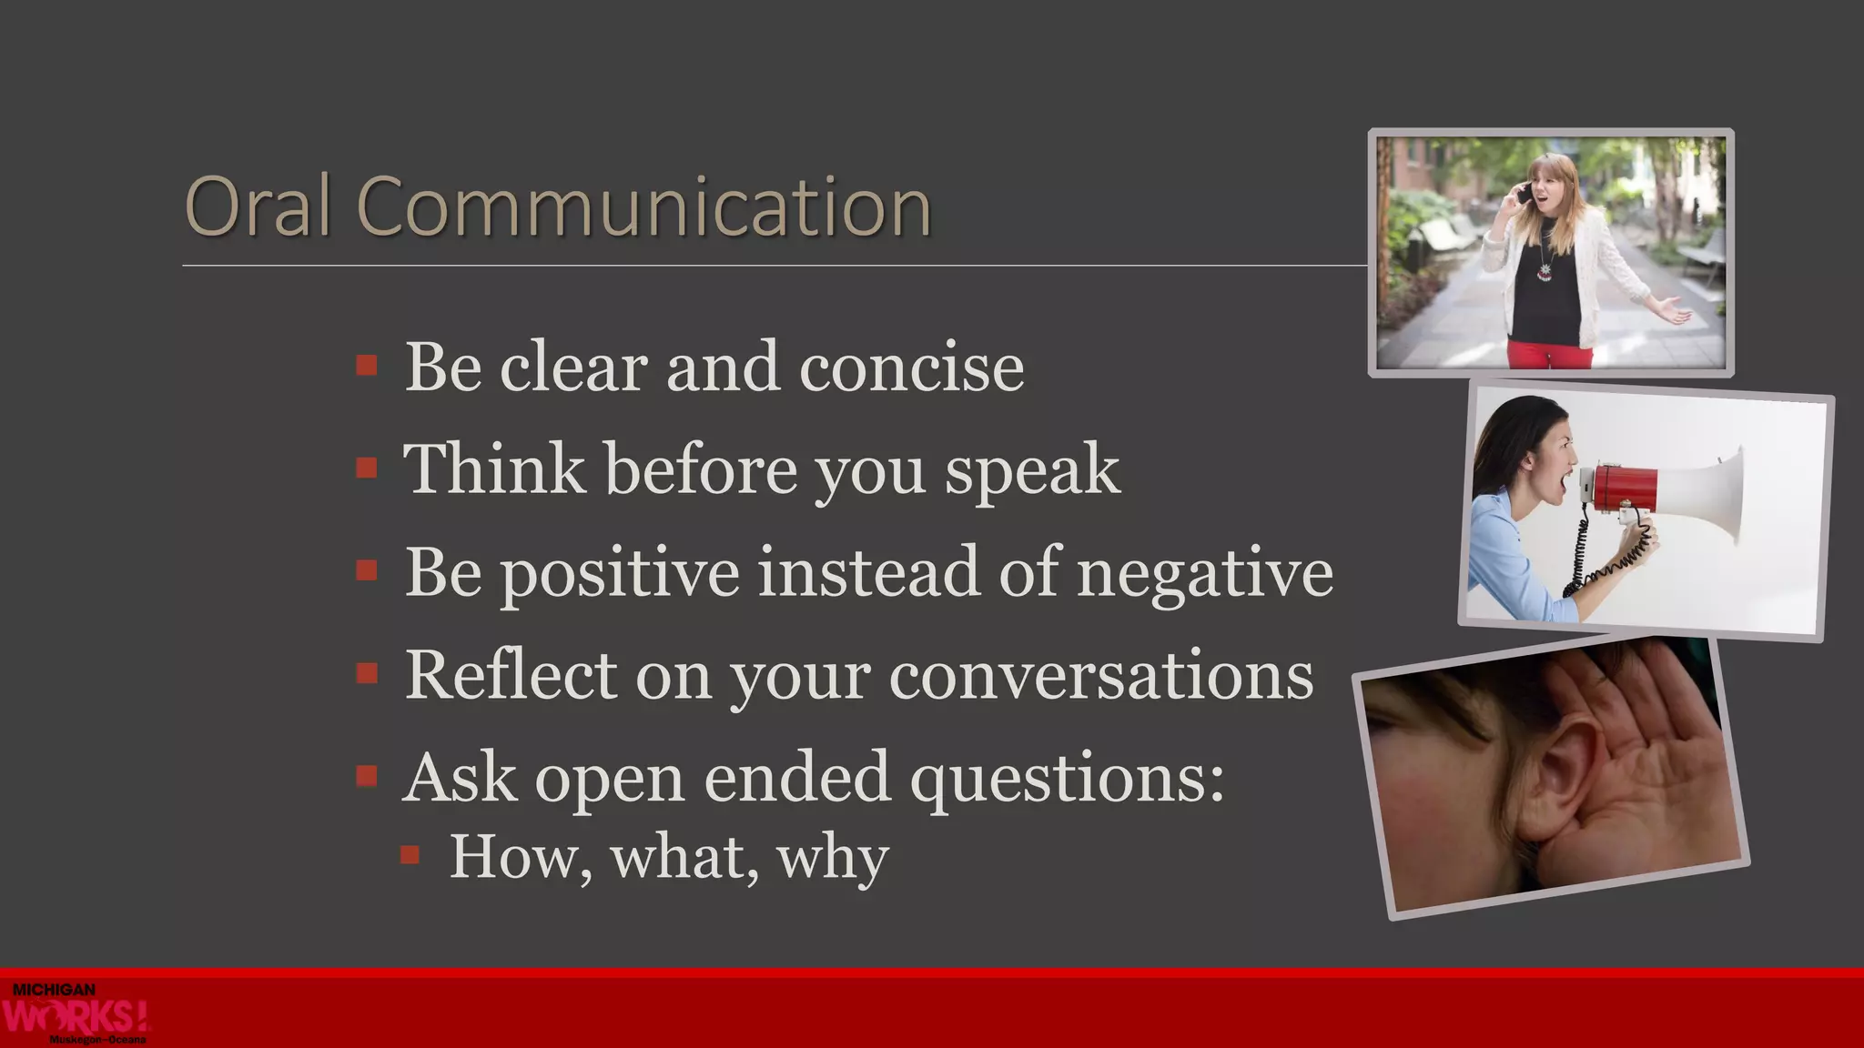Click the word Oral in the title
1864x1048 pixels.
coord(257,207)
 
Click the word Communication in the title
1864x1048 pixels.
coord(643,207)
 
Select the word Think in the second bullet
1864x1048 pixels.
coord(493,469)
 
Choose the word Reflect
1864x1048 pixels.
coord(511,675)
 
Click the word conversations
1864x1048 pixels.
coord(1100,677)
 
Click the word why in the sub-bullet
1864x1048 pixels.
coord(832,857)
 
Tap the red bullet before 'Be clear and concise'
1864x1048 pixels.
coord(367,366)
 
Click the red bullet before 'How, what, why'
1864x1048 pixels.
coord(410,854)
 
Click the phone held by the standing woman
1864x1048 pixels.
coord(1522,194)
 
